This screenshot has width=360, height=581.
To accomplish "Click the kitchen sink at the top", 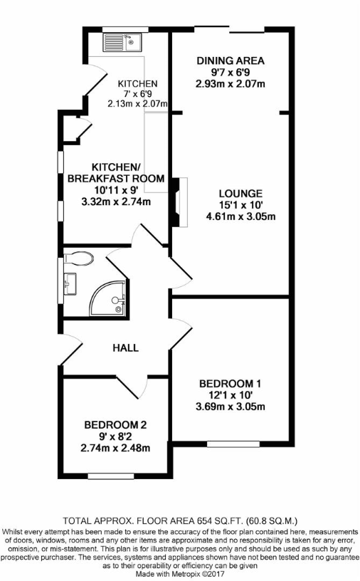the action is pos(122,42).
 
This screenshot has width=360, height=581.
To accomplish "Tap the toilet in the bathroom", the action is pos(78,258).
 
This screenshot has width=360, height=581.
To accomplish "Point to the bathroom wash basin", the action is pos(69,284).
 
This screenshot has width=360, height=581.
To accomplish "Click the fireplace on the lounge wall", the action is pos(180,202).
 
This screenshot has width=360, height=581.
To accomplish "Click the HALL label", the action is pos(125,347).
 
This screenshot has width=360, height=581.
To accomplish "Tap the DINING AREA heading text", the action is pos(231,61).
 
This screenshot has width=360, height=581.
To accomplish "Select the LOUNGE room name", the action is pos(240,194).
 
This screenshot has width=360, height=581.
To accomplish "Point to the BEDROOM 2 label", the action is pos(115,424).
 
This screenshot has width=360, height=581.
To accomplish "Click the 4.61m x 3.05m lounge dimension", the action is pos(240,216).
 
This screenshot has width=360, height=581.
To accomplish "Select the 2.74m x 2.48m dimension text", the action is pos(115,448).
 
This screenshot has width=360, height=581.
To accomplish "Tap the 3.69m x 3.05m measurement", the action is pos(231,407).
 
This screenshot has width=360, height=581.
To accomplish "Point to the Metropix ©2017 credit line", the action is pos(180,575).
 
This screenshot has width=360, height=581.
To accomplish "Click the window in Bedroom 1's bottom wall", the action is pos(233,444).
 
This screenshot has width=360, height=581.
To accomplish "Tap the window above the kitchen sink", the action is pos(125,30).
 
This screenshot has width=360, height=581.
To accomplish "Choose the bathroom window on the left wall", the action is pos(60,281).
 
